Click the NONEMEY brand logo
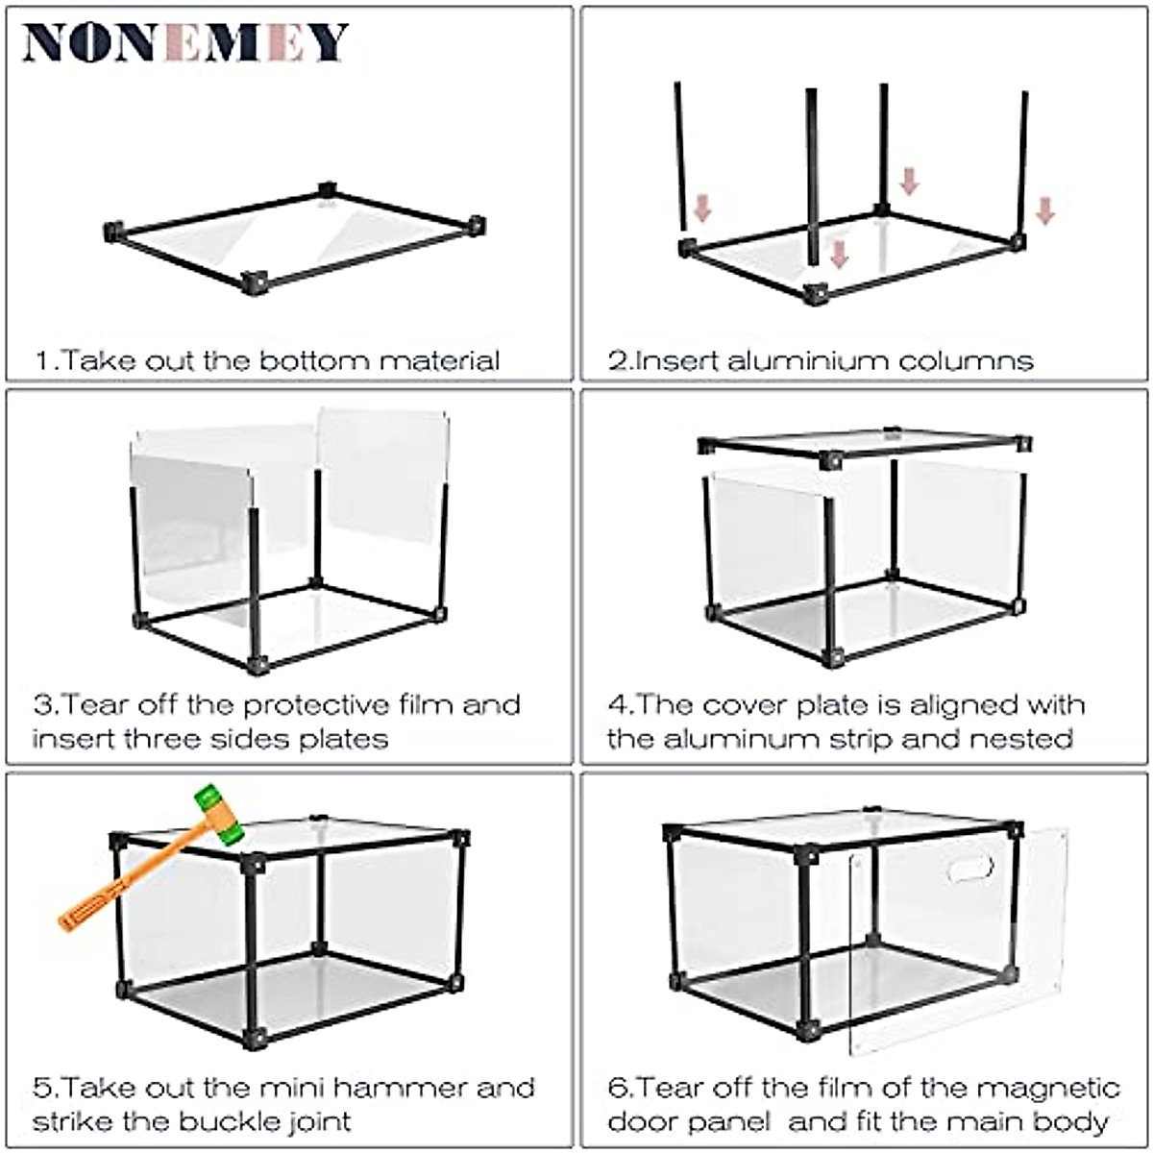point(184,42)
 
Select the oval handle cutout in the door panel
point(969,869)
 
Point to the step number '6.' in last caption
point(620,1089)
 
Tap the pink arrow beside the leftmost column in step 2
point(702,208)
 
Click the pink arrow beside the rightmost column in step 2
point(1045,210)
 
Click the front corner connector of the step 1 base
point(255,282)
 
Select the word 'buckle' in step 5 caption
point(230,1121)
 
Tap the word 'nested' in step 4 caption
point(1020,739)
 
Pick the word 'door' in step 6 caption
point(638,1121)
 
